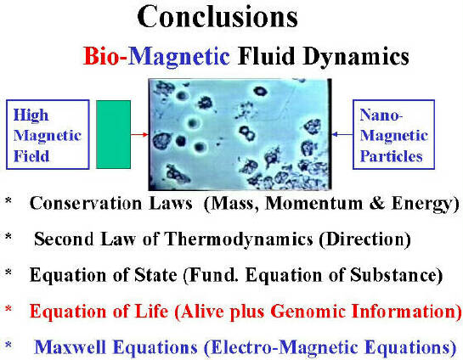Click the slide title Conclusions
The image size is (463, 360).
[217, 16]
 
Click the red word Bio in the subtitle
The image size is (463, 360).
[101, 56]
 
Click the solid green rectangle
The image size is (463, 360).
[113, 134]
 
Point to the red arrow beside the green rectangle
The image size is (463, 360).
[139, 135]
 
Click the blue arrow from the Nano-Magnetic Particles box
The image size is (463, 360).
[342, 134]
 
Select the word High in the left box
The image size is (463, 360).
[31, 115]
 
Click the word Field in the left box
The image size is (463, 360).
[31, 156]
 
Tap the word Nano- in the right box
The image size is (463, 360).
[381, 115]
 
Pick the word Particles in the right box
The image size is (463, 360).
[392, 156]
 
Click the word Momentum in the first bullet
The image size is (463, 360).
[313, 203]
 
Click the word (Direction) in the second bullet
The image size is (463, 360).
[365, 239]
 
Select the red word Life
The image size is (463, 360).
[151, 311]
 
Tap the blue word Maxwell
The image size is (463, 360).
[70, 347]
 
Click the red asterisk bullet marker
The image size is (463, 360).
[8, 309]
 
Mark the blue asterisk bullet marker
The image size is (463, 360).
[8, 345]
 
